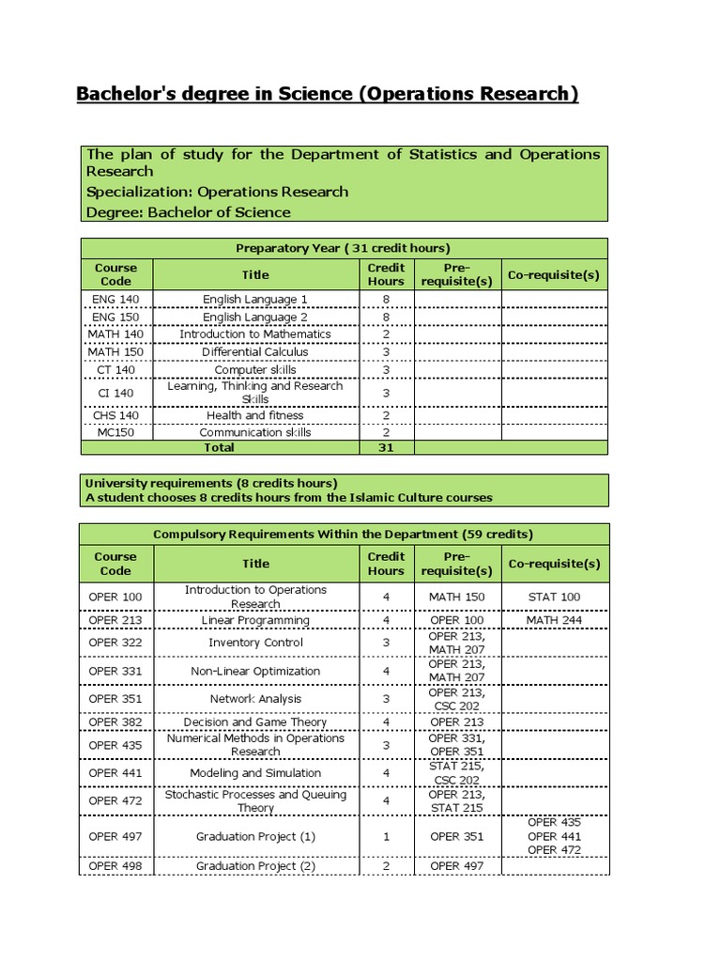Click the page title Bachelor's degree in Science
(327, 94)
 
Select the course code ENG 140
(115, 299)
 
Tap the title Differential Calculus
(255, 351)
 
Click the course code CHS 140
(115, 414)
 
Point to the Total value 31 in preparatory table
(386, 448)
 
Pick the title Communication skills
(255, 432)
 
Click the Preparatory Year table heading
(343, 248)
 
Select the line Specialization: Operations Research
(217, 192)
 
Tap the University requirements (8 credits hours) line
(211, 483)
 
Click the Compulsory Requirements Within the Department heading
(343, 534)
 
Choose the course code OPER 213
(115, 620)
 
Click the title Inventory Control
(255, 643)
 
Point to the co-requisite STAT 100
(554, 597)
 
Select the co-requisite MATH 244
(554, 620)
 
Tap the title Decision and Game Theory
(255, 722)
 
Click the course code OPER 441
(115, 773)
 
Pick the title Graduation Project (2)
(255, 865)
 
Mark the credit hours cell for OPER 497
(386, 836)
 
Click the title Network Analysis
(255, 699)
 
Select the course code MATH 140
(115, 334)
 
